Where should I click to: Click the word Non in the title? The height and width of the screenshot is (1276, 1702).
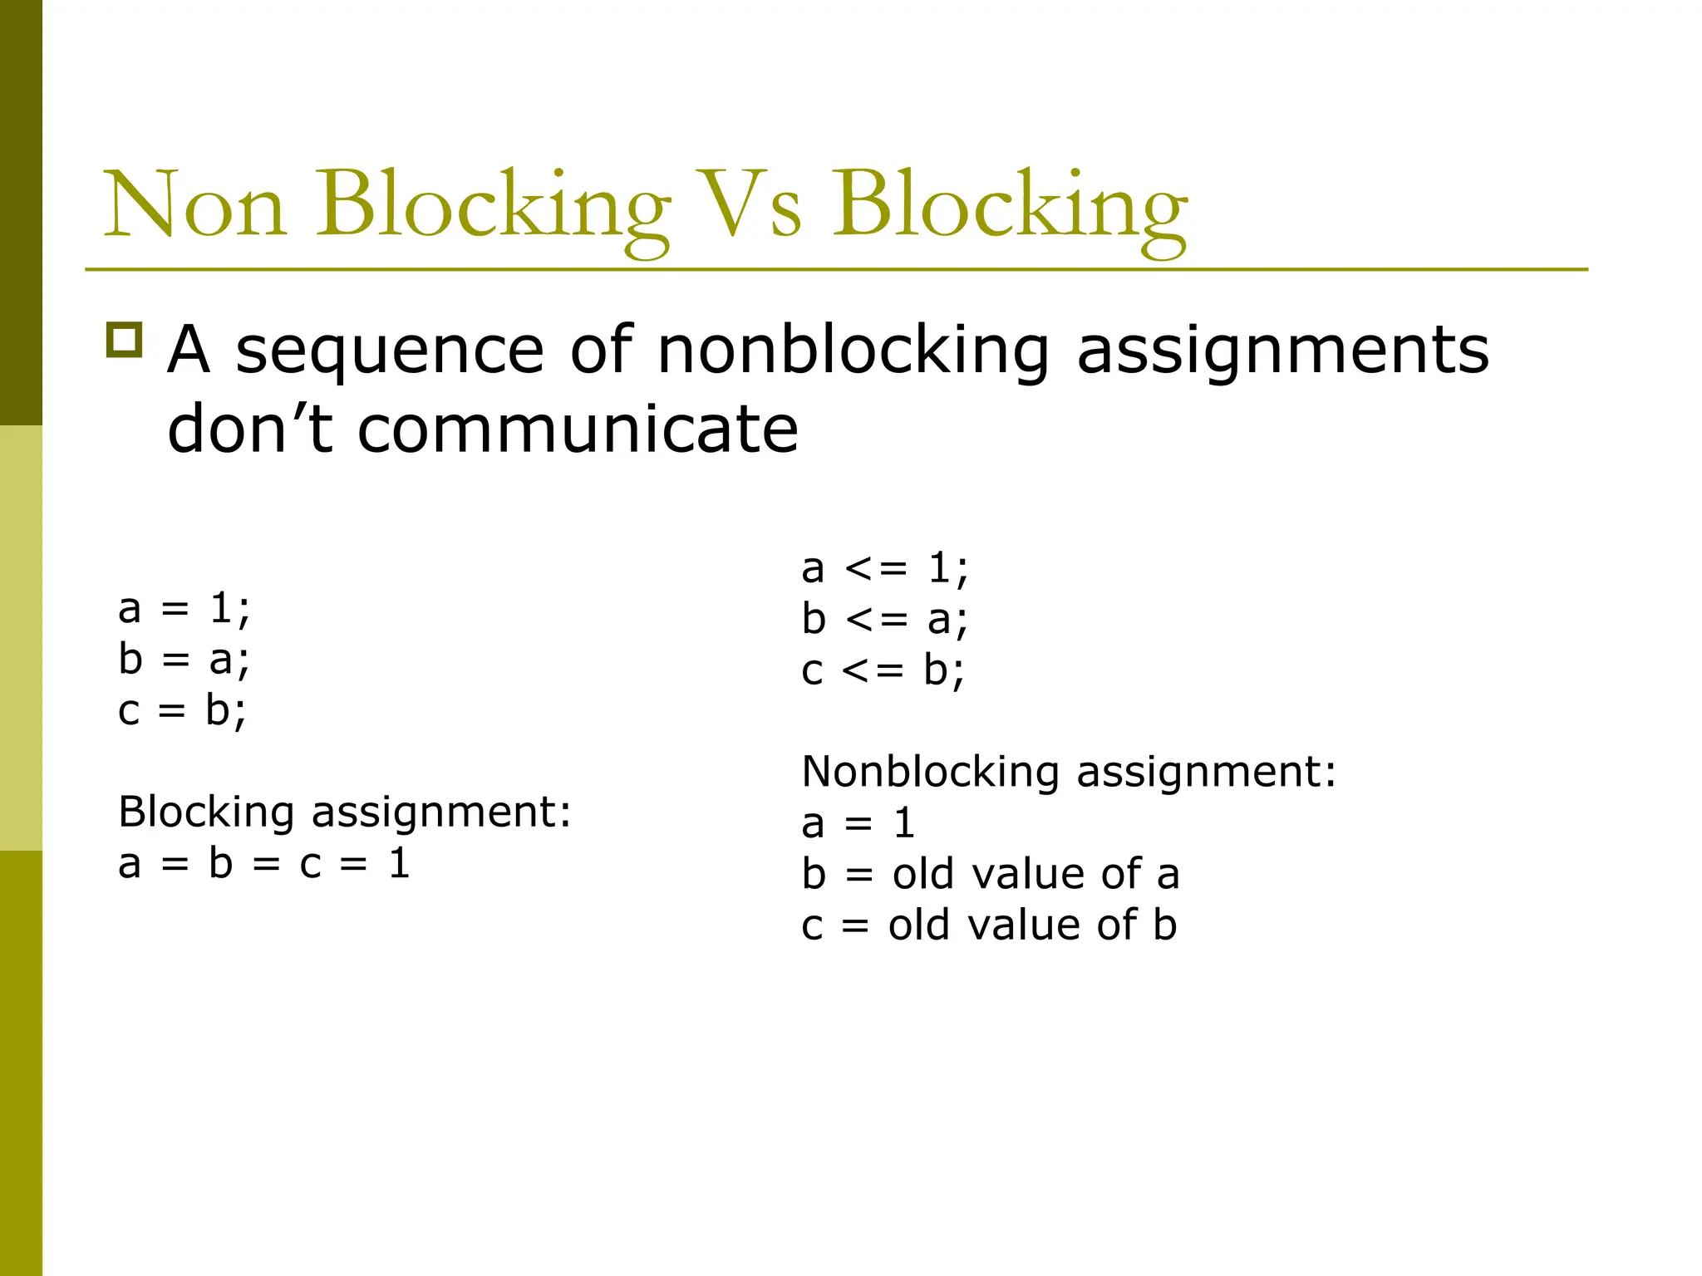[x=195, y=204]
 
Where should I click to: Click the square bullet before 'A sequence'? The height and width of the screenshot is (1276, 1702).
[x=125, y=341]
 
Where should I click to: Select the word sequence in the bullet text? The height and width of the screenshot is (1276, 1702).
[x=390, y=351]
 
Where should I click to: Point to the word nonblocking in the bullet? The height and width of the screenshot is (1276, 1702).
[x=853, y=351]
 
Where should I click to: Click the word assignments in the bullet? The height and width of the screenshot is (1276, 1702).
[x=1282, y=351]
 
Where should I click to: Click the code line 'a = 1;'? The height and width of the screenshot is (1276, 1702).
[x=184, y=609]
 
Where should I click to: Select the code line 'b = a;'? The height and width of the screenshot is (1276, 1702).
[x=184, y=660]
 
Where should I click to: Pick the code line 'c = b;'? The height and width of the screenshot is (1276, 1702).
[x=182, y=711]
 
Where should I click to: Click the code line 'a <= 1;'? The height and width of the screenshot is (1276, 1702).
[x=885, y=569]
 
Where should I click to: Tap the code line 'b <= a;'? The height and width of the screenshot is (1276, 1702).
[x=885, y=620]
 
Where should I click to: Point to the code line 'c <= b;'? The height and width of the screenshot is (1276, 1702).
[x=883, y=670]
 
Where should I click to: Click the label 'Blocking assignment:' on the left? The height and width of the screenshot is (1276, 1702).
[x=345, y=812]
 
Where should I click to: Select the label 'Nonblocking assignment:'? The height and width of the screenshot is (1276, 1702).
[x=1069, y=772]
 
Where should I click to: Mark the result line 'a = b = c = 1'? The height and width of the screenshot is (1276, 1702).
[x=264, y=863]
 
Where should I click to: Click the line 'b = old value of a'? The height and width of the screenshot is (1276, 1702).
[x=991, y=874]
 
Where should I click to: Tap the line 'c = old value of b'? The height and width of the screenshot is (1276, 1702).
[x=989, y=925]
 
